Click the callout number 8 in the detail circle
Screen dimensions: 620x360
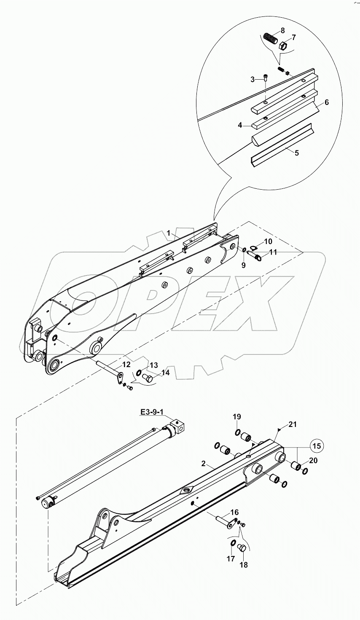(x=282, y=30)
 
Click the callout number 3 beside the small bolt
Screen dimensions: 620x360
(x=252, y=79)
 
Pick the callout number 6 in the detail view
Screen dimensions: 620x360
(x=326, y=102)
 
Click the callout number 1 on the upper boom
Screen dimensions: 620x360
(x=168, y=233)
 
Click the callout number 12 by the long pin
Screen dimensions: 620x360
(x=126, y=364)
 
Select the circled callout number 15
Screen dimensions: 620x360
(x=318, y=446)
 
